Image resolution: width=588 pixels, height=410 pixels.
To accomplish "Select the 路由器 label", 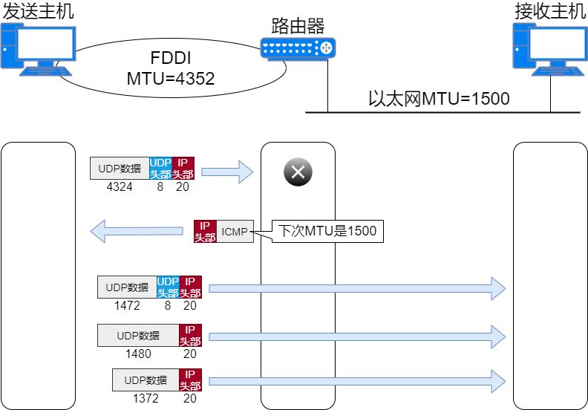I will click(x=298, y=27).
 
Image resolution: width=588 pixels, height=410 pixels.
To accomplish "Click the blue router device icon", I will click(x=298, y=49).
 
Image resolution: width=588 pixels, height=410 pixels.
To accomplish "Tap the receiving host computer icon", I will click(x=549, y=48).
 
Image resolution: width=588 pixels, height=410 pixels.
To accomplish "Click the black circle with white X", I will click(x=298, y=173).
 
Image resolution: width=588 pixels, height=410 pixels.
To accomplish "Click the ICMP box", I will click(x=235, y=232).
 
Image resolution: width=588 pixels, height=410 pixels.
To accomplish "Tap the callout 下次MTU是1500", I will click(x=327, y=231).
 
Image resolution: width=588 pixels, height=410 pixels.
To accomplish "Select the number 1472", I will click(x=127, y=305).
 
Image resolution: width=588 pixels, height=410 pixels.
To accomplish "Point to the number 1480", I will click(x=138, y=354).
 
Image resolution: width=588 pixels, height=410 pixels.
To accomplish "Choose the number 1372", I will click(x=146, y=398).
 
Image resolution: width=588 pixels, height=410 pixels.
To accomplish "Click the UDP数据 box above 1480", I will click(x=138, y=335).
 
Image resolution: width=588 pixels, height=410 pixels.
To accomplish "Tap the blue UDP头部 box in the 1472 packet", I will click(x=168, y=287).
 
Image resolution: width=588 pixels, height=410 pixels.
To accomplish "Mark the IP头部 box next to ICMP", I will click(x=205, y=232).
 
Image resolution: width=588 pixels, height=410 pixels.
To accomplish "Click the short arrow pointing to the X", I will click(x=227, y=173).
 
